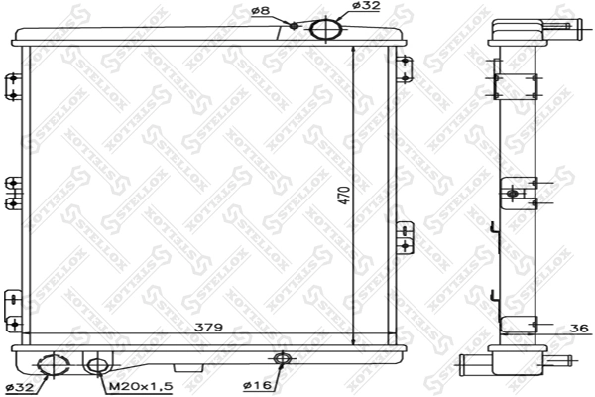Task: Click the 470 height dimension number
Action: (342, 196)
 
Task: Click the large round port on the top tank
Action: (323, 29)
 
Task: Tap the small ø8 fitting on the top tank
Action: (295, 25)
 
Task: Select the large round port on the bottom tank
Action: (50, 365)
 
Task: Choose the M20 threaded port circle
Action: (96, 365)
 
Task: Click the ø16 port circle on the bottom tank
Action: (282, 358)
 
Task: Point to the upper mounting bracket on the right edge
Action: (403, 69)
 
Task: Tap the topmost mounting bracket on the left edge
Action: (11, 85)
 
